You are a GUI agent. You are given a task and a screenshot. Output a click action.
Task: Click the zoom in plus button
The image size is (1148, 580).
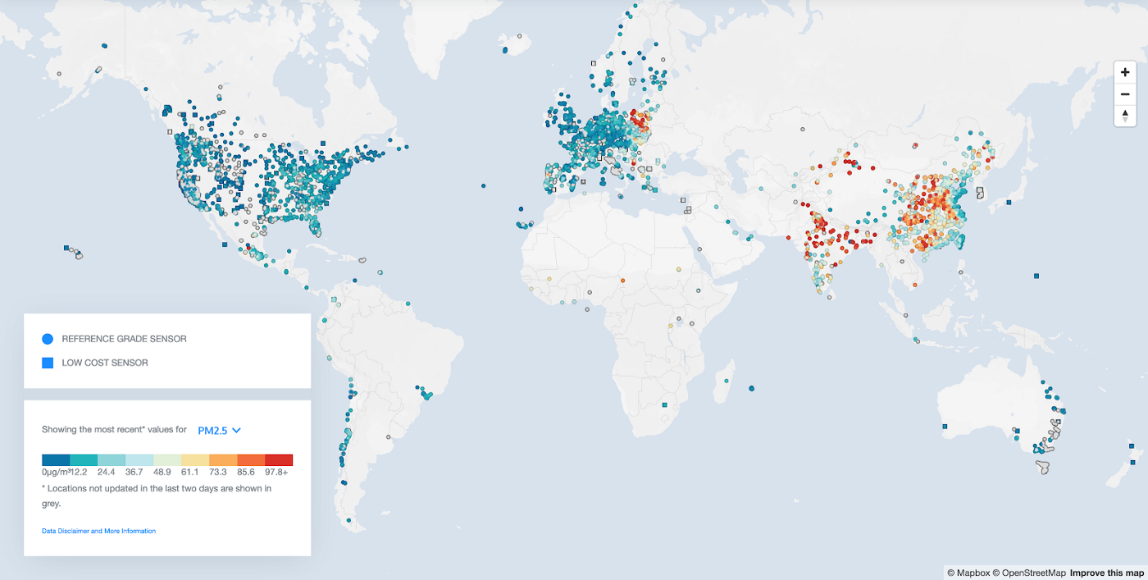pos(1125,72)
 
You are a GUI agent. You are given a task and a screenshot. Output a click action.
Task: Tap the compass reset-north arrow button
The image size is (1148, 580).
pos(1125,115)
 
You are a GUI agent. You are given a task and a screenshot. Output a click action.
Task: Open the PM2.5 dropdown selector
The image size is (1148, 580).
pos(219,430)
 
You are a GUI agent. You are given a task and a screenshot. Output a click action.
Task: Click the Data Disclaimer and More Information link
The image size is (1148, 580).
pos(98,531)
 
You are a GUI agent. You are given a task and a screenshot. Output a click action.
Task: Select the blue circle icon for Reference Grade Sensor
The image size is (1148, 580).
pos(48,339)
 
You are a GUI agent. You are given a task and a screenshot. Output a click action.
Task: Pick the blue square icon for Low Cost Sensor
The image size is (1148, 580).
pos(48,363)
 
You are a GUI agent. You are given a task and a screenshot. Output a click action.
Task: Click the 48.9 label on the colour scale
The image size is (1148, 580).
pos(162,473)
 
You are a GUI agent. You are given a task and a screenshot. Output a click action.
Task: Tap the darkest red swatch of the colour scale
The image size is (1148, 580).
pos(279,460)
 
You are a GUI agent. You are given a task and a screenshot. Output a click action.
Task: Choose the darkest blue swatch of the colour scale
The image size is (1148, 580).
pos(56,460)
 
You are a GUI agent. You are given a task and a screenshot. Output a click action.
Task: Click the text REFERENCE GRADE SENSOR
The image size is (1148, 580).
pos(124,339)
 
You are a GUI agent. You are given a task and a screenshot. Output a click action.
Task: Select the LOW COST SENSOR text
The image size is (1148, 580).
pos(105,363)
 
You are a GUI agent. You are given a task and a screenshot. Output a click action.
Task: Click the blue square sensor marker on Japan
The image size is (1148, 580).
pos(1009,202)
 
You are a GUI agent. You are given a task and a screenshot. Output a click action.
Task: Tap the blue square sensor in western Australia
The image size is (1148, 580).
pos(945,427)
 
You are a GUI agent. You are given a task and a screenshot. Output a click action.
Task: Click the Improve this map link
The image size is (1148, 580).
pos(1106,573)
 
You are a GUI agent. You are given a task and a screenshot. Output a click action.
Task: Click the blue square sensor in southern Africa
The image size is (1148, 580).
pos(664,405)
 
